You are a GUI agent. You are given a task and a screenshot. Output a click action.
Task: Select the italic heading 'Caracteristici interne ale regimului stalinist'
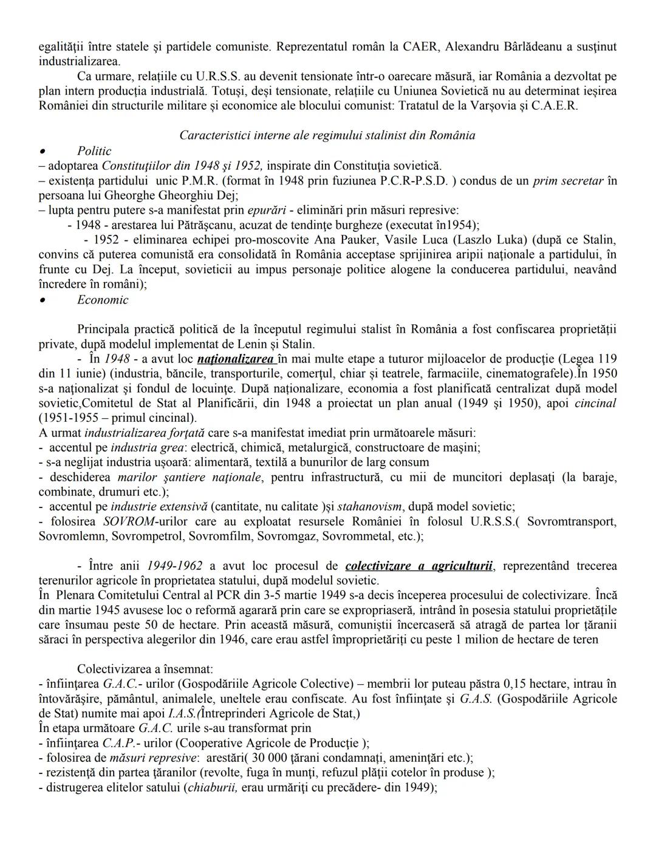pyautogui.click(x=327, y=135)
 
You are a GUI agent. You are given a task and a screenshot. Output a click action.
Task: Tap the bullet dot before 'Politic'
pyautogui.click(x=43, y=151)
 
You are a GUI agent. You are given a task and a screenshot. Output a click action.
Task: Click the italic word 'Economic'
pyautogui.click(x=103, y=300)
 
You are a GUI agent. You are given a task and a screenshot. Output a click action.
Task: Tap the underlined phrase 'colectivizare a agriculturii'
pyautogui.click(x=419, y=566)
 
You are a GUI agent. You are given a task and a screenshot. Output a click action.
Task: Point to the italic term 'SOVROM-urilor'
pyautogui.click(x=140, y=521)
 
